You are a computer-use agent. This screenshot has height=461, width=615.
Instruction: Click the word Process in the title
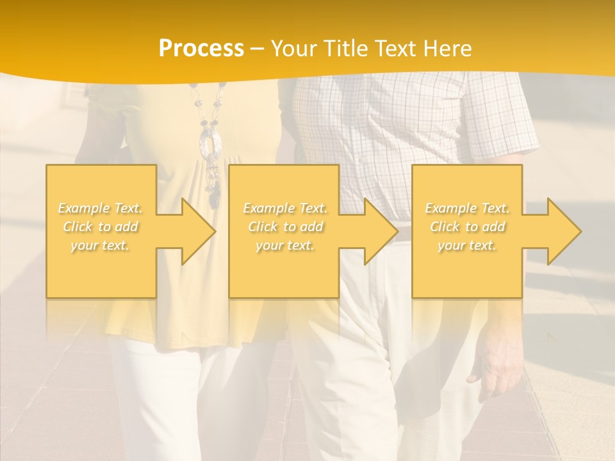201,49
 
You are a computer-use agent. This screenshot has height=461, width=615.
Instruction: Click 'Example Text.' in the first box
101,208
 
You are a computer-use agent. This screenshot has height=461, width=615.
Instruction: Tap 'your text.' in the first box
101,245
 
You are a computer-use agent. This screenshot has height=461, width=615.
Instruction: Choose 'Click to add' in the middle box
285,227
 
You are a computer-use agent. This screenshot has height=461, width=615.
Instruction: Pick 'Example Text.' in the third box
467,208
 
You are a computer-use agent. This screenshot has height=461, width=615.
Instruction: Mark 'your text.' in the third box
467,245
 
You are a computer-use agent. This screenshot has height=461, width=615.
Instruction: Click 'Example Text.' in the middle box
285,208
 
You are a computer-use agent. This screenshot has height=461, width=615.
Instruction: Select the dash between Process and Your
258,49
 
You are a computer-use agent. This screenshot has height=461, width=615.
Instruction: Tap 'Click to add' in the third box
467,227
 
